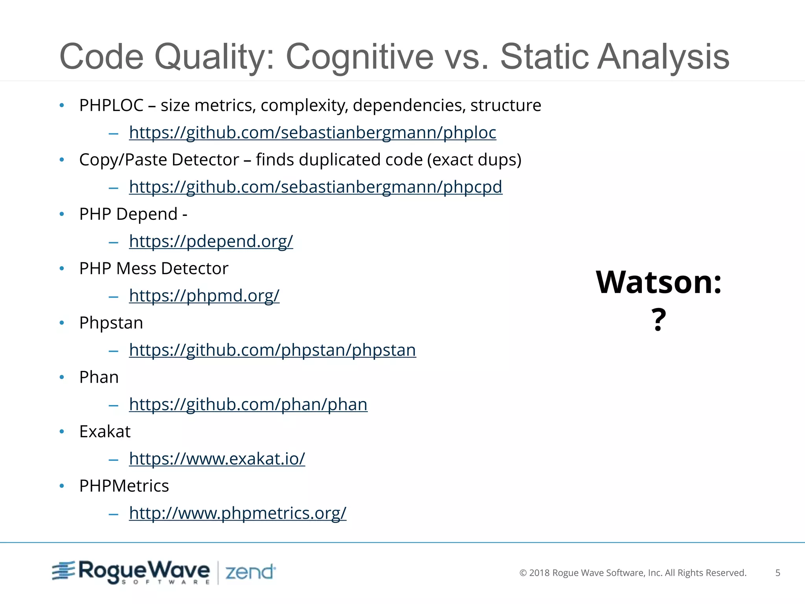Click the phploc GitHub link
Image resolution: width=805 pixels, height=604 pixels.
click(312, 133)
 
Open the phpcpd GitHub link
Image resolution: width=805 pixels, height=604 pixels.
click(316, 187)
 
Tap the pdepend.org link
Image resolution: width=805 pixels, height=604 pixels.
click(211, 241)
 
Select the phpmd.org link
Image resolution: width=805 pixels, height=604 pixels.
click(204, 296)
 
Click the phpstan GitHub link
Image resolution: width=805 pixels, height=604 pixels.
click(272, 350)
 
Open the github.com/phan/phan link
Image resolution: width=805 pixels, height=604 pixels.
click(248, 405)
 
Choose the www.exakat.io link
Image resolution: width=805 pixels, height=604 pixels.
click(217, 459)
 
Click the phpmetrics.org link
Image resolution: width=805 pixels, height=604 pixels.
click(237, 513)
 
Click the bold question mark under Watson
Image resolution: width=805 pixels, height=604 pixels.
click(659, 320)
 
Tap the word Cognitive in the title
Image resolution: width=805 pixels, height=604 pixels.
click(359, 57)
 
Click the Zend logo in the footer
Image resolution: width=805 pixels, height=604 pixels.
click(250, 572)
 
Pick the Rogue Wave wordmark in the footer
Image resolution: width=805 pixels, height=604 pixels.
click(144, 571)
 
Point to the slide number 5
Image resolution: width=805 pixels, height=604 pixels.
click(777, 573)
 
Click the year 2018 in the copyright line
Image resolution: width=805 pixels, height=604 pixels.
click(539, 573)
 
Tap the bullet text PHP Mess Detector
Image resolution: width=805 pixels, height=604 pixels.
click(154, 269)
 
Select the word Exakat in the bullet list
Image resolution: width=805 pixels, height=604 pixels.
click(105, 432)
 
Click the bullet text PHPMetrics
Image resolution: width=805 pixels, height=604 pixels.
click(124, 486)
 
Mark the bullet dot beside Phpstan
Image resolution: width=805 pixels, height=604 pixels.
click(62, 323)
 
